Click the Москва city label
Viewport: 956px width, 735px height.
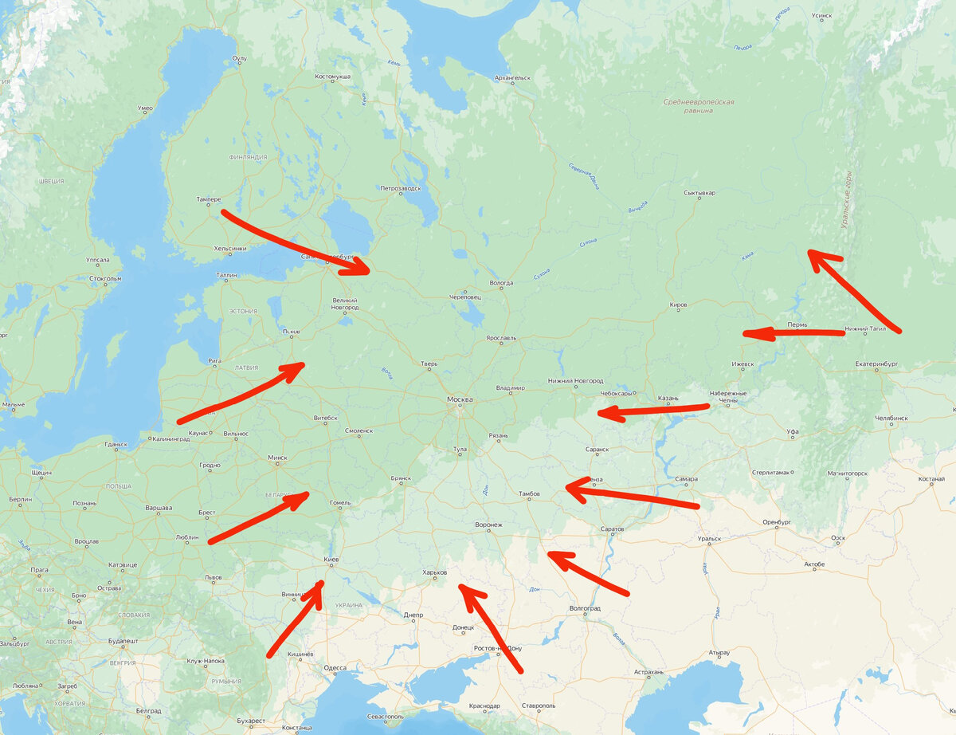[x=460, y=399]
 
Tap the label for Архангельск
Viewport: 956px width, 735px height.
[x=511, y=78]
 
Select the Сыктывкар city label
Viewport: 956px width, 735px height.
[x=699, y=193]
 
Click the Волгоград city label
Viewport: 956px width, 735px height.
[x=585, y=608]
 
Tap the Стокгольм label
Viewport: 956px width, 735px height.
[x=106, y=278]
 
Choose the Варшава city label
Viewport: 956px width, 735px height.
[x=159, y=508]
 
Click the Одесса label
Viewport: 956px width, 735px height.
[x=335, y=668]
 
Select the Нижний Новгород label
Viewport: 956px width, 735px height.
[x=576, y=381]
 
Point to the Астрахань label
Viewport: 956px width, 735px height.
[x=648, y=672]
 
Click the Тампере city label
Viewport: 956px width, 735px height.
[x=208, y=199]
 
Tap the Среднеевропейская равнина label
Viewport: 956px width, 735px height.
[x=699, y=106]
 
